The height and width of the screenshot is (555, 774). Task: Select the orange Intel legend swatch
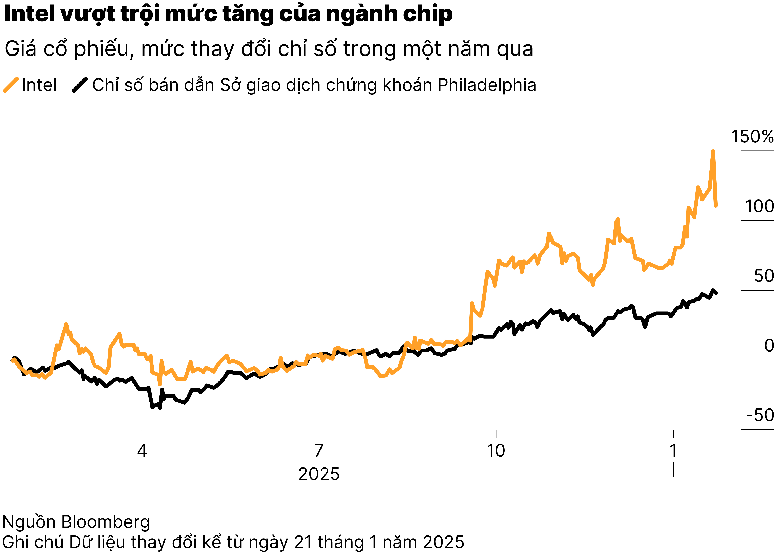11,85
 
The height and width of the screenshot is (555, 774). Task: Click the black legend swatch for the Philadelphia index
80,85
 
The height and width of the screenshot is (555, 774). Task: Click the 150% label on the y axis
752,137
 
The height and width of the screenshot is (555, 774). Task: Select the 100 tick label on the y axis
759,206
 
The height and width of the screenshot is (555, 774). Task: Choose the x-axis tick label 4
142,450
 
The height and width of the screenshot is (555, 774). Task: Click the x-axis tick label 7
319,450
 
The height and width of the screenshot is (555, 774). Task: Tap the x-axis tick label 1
673,450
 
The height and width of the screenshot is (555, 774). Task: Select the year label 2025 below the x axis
319,474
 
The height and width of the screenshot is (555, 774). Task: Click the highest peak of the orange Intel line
713,151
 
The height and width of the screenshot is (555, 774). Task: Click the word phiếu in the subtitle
102,49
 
